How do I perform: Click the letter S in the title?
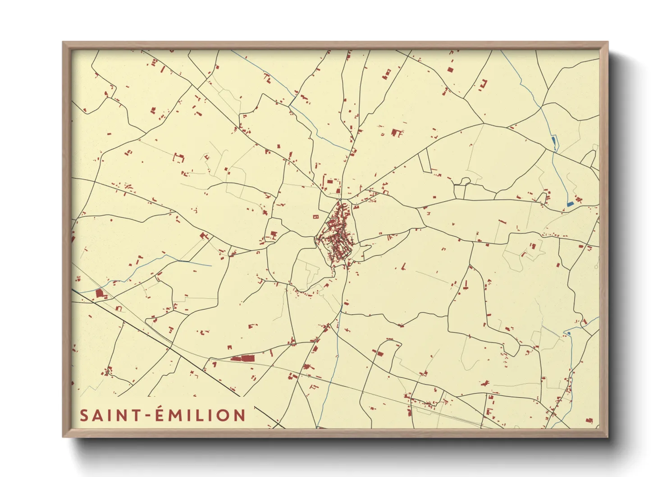point(85,415)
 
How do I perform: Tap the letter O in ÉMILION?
point(222,415)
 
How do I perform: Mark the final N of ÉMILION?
point(239,415)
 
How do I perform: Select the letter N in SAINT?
point(120,415)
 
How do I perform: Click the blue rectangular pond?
point(570,203)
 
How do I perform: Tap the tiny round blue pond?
point(569,333)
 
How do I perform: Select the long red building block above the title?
point(242,358)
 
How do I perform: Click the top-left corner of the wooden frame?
point(63,42)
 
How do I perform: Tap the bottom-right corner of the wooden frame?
point(608,436)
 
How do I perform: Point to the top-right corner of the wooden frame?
point(608,42)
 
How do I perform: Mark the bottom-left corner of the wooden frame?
point(63,436)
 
